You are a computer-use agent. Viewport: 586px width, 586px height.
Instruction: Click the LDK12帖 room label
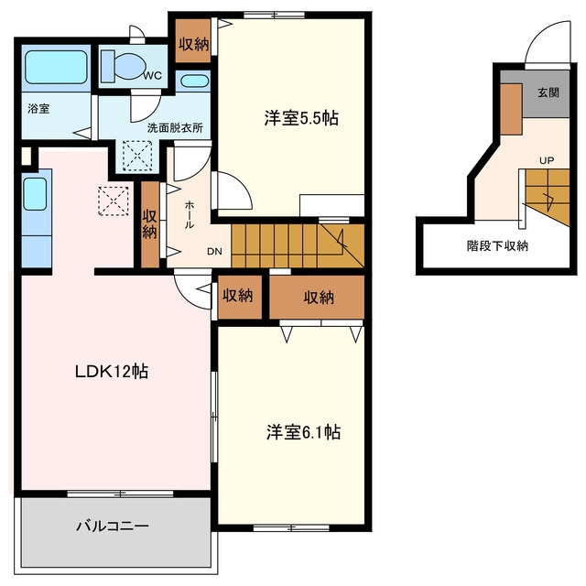pyautogui.click(x=112, y=372)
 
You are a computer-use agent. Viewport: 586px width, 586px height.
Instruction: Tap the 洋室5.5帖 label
pyautogui.click(x=301, y=118)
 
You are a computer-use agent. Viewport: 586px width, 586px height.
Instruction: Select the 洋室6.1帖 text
pyautogui.click(x=303, y=432)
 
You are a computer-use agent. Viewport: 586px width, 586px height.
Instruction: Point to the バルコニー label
pyautogui.click(x=113, y=526)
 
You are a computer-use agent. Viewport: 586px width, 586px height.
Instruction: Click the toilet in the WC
pyautogui.click(x=124, y=66)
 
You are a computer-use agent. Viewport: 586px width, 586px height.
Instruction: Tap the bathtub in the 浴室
pyautogui.click(x=57, y=67)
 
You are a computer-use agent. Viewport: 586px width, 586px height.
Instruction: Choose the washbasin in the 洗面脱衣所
pyautogui.click(x=194, y=81)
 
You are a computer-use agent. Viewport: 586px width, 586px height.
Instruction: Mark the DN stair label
pyautogui.click(x=214, y=252)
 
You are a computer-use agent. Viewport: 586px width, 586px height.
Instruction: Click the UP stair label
pyautogui.click(x=547, y=160)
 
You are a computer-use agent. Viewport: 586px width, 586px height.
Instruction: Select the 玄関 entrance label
pyautogui.click(x=548, y=92)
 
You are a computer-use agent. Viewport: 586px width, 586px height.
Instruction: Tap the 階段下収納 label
pyautogui.click(x=497, y=246)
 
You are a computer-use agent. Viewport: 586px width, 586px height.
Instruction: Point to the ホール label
pyautogui.click(x=190, y=214)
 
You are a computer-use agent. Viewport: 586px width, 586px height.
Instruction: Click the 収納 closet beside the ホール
pyautogui.click(x=150, y=224)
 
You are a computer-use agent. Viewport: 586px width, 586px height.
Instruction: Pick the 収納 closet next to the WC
pyautogui.click(x=193, y=40)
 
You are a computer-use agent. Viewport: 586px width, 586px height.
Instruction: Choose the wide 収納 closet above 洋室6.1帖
pyautogui.click(x=317, y=297)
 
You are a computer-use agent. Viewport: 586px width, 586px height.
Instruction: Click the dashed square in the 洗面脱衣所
pyautogui.click(x=137, y=156)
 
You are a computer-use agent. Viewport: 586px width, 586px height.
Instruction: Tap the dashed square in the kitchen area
pyautogui.click(x=114, y=201)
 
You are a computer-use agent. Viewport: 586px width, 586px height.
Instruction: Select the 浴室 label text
pyautogui.click(x=38, y=109)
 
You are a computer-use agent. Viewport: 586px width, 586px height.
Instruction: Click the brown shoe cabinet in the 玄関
pyautogui.click(x=511, y=109)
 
